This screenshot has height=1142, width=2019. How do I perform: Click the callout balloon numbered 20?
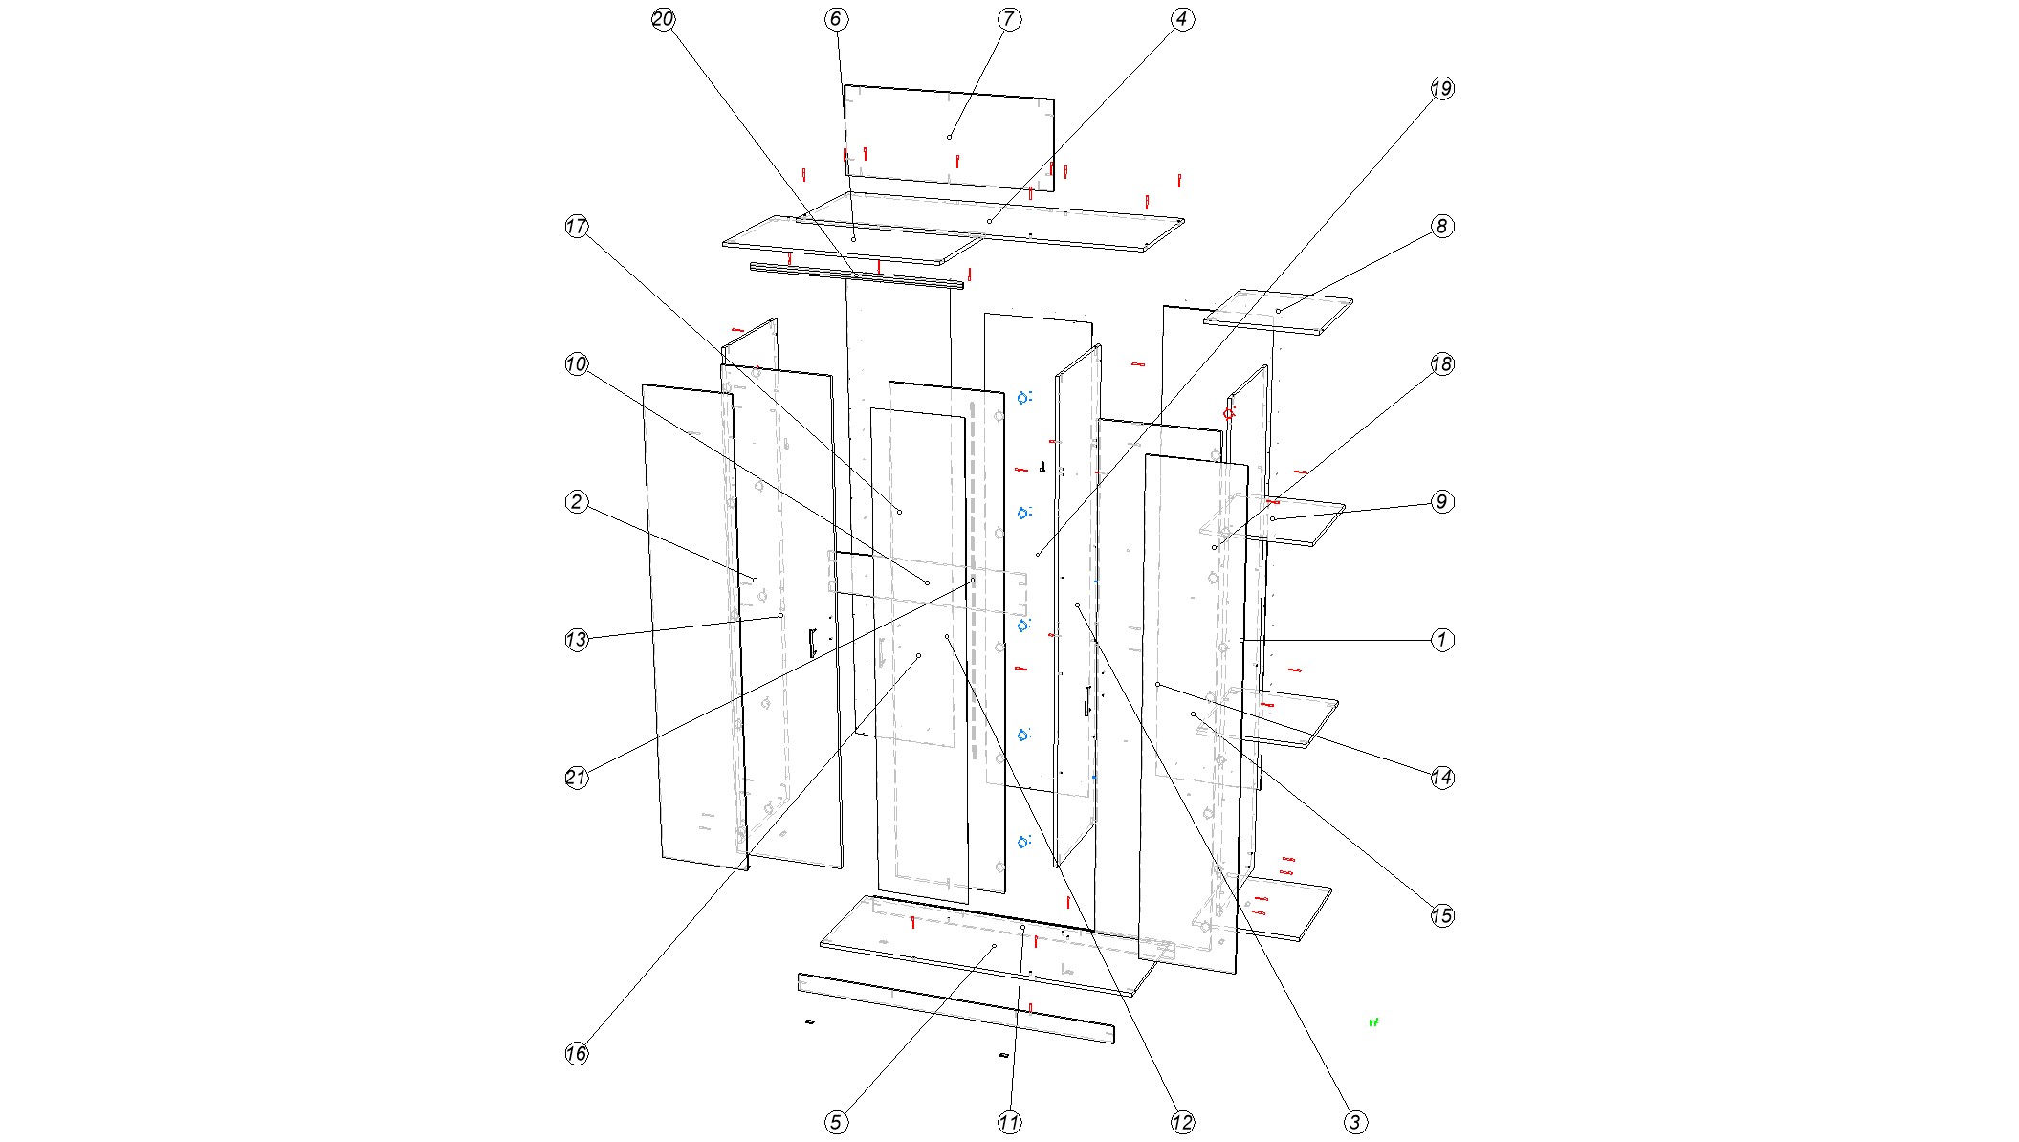(663, 19)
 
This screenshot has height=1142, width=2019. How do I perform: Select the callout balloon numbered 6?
(836, 19)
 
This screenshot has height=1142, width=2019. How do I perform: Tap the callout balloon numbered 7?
(1009, 19)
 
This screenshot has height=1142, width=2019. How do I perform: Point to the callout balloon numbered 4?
(1182, 19)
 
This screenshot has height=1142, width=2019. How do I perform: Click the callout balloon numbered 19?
(1442, 89)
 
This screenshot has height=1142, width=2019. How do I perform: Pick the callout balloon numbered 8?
(1442, 227)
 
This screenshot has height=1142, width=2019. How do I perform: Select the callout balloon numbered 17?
(576, 227)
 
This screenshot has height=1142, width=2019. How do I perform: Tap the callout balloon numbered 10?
(576, 364)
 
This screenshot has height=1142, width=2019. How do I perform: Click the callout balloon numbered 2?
(576, 502)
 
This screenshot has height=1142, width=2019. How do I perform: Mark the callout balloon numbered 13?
(576, 640)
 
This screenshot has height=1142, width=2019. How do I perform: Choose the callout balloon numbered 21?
(576, 778)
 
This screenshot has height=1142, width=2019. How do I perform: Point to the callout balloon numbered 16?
(576, 1053)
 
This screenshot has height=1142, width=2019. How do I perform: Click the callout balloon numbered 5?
(836, 1122)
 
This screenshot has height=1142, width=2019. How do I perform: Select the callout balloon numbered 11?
(1009, 1122)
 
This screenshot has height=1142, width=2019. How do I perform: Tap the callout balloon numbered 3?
(1355, 1122)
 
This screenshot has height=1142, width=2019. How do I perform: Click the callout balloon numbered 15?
(1442, 915)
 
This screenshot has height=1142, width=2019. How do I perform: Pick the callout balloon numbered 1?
(1442, 640)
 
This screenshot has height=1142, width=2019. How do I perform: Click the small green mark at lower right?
(1374, 1021)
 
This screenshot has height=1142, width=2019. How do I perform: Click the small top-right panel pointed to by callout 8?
(1278, 312)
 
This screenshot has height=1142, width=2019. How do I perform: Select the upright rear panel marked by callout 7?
(949, 137)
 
